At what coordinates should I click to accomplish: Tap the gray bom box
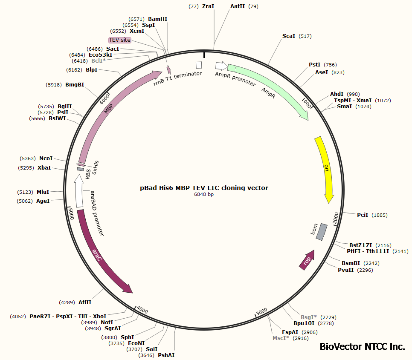(322, 231)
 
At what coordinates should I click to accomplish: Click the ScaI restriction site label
(289, 36)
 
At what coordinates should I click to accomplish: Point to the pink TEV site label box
(120, 40)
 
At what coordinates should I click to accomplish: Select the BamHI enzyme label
(157, 19)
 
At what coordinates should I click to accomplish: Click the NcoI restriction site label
(46, 158)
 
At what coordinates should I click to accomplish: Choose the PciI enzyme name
(362, 215)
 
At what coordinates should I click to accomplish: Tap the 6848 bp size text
(204, 194)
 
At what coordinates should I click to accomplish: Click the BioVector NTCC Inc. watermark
(362, 347)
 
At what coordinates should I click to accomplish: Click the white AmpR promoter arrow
(221, 66)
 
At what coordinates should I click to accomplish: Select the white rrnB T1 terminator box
(198, 65)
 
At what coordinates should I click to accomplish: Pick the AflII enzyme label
(85, 302)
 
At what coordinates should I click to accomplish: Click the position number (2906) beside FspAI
(310, 332)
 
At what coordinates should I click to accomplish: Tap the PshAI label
(166, 355)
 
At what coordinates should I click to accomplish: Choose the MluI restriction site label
(43, 192)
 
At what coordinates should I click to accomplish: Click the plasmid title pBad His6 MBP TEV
(204, 187)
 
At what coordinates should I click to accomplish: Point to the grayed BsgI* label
(309, 317)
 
